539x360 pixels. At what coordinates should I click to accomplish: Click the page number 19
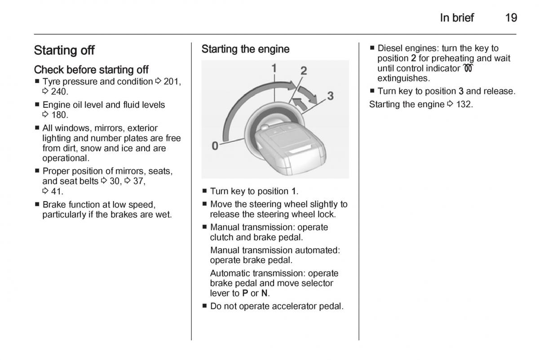pos(511,18)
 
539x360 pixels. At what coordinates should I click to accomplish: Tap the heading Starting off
pos(64,50)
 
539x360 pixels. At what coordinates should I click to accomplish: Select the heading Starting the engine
pos(245,49)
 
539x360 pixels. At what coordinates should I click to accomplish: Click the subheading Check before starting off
pos(91,70)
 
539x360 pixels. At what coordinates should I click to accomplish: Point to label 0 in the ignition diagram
pos(215,146)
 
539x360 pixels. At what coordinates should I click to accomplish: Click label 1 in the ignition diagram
pos(274,68)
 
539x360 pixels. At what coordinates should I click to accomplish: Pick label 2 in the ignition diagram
pos(304,70)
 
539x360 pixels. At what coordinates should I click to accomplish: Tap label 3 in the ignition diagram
pos(330,96)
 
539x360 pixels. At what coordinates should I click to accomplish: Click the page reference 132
pos(463,105)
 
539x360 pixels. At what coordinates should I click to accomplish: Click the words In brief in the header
pos(457,18)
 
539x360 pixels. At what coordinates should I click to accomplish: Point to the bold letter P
pos(245,293)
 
